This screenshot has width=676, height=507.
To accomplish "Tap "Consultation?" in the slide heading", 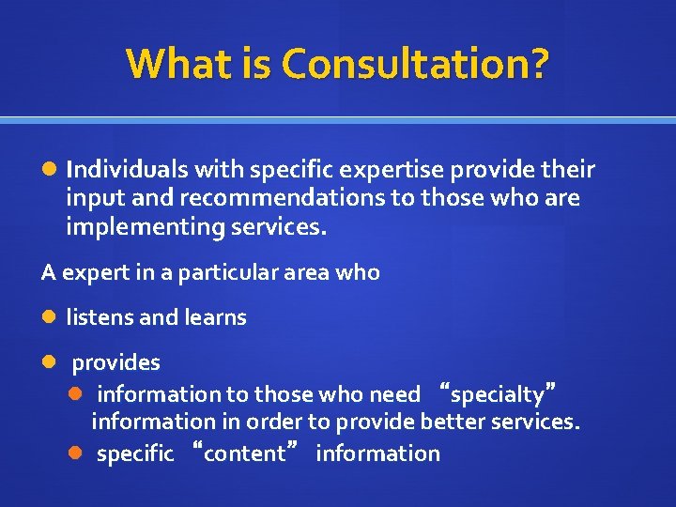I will [415, 64].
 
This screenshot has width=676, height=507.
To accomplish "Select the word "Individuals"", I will [126, 169].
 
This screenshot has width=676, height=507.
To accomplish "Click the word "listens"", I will [100, 317].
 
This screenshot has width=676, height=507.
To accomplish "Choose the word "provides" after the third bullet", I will [116, 362].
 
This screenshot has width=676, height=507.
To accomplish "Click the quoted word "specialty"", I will [498, 394].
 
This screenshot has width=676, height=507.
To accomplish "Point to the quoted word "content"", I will [247, 453].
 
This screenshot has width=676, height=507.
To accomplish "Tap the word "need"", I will [395, 394].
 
